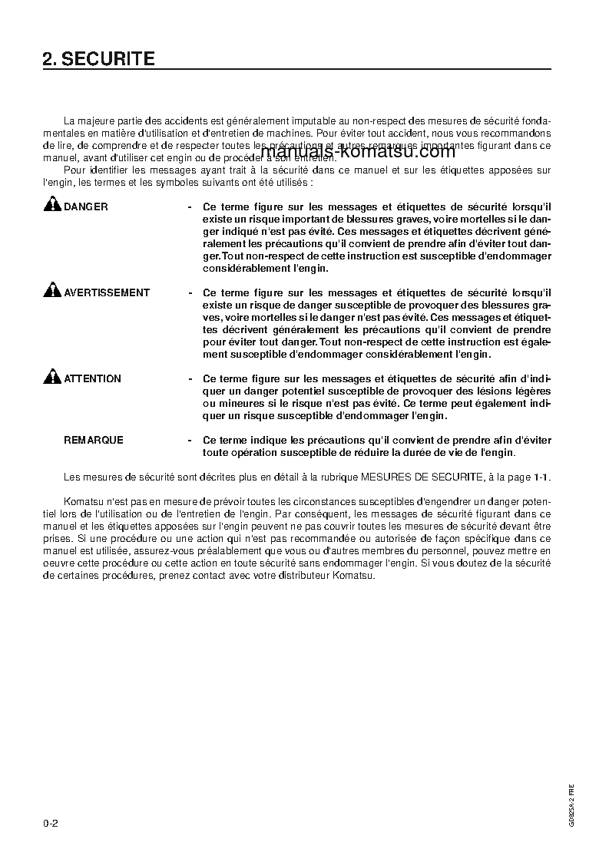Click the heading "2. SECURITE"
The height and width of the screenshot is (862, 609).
[x=99, y=59]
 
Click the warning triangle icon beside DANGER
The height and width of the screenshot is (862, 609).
[x=52, y=205]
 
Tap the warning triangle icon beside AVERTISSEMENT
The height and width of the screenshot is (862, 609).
[x=52, y=291]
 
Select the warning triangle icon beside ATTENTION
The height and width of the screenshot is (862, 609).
[x=52, y=377]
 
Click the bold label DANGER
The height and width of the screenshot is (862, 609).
[x=86, y=207]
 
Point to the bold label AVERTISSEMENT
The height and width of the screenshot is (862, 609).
[x=107, y=293]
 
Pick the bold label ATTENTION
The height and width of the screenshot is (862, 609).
[x=92, y=379]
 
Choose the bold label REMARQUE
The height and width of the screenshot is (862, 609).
[x=93, y=441]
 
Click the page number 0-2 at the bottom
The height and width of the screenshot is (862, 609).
[x=51, y=824]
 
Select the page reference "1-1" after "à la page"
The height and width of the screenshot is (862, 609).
[x=541, y=477]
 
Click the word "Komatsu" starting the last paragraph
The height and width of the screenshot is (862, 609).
[x=81, y=501]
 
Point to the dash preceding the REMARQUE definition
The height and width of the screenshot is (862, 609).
[x=190, y=441]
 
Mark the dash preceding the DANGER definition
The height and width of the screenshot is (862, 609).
[x=190, y=207]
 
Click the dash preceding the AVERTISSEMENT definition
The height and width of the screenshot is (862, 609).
[x=190, y=293]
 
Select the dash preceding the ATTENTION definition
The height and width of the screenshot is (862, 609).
[x=190, y=379]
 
